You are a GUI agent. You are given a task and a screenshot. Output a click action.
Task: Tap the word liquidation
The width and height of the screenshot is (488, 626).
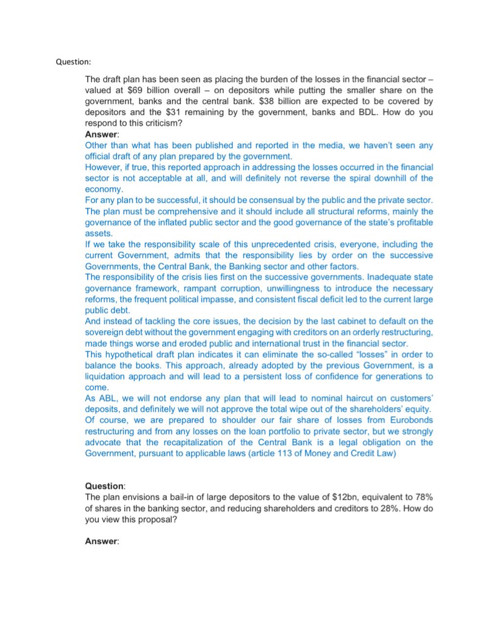(109, 377)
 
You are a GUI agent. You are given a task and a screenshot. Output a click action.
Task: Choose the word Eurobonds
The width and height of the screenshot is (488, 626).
(412, 420)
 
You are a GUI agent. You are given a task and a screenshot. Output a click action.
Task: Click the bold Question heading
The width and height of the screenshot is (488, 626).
(105, 486)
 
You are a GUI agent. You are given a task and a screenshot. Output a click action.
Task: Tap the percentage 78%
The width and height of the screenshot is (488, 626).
(423, 497)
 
